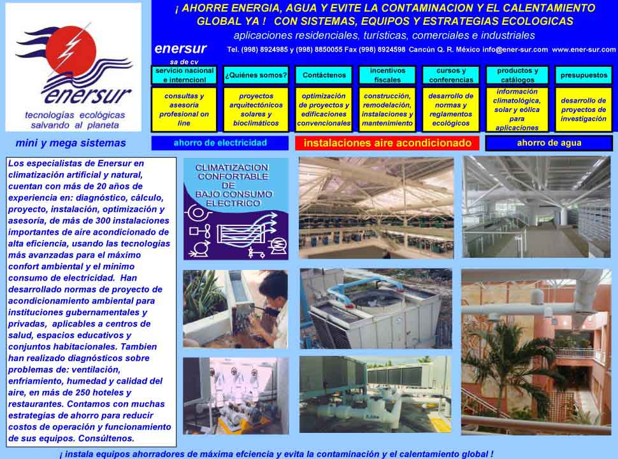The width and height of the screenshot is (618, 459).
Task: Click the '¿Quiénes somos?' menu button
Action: [x=256, y=75]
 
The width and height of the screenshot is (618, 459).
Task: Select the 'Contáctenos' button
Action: [x=324, y=75]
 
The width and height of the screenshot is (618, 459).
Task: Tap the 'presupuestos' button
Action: [x=584, y=75]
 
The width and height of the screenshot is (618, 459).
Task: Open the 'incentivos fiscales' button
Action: [x=387, y=75]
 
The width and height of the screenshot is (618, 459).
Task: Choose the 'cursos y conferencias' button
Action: [x=451, y=75]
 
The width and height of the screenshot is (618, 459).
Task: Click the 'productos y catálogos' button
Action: [x=517, y=75]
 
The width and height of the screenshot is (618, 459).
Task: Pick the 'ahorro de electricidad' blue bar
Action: [x=220, y=143]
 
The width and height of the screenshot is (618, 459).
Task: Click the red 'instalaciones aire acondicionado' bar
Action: [x=387, y=143]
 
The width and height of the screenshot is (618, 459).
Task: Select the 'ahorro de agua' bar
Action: [x=549, y=143]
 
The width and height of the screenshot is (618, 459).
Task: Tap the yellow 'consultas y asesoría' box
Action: [x=184, y=109]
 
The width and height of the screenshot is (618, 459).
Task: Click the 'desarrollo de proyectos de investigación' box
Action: [x=584, y=109]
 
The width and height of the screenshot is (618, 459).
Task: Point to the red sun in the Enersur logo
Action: [x=71, y=51]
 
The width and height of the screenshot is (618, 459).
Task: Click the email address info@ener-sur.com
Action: [x=515, y=50]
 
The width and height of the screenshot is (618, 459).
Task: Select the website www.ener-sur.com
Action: [x=584, y=50]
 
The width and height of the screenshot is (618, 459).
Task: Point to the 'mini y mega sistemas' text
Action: [x=71, y=143]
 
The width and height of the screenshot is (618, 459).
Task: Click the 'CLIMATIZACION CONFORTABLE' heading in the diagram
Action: [x=233, y=172]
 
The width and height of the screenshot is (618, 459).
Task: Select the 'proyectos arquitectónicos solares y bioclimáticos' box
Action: [x=256, y=109]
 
